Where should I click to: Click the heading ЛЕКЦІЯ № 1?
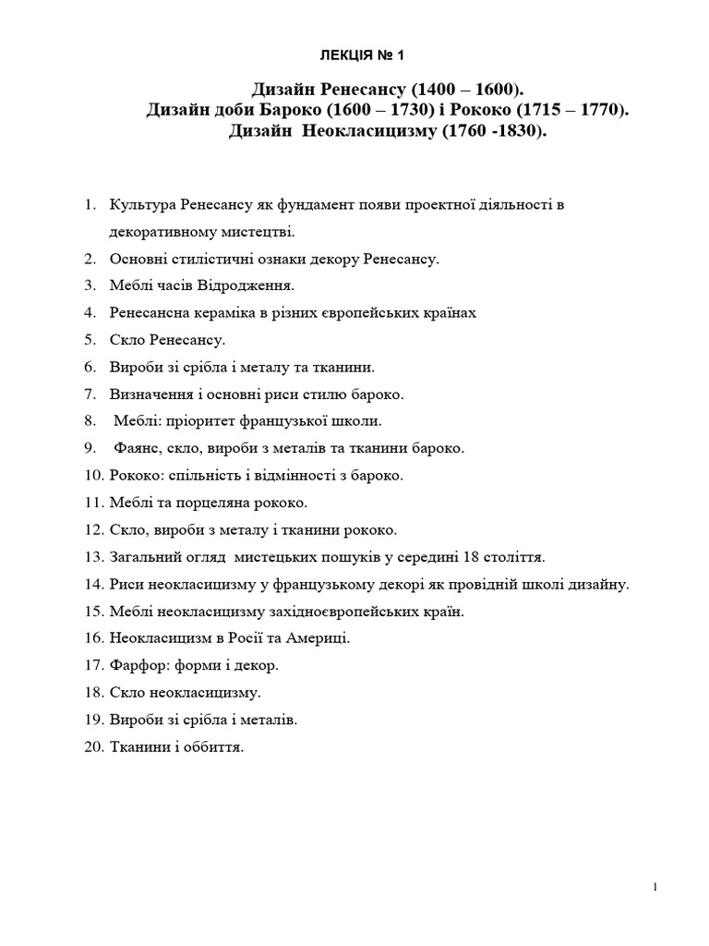(x=354, y=57)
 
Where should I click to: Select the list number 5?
(x=90, y=340)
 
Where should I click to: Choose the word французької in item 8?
(x=291, y=421)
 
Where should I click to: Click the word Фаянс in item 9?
(x=136, y=448)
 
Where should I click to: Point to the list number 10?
(x=93, y=476)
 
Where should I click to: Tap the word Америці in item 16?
(x=323, y=638)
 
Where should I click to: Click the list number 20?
(x=93, y=746)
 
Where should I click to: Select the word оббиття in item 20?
(x=213, y=746)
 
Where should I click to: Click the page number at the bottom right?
(x=655, y=888)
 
